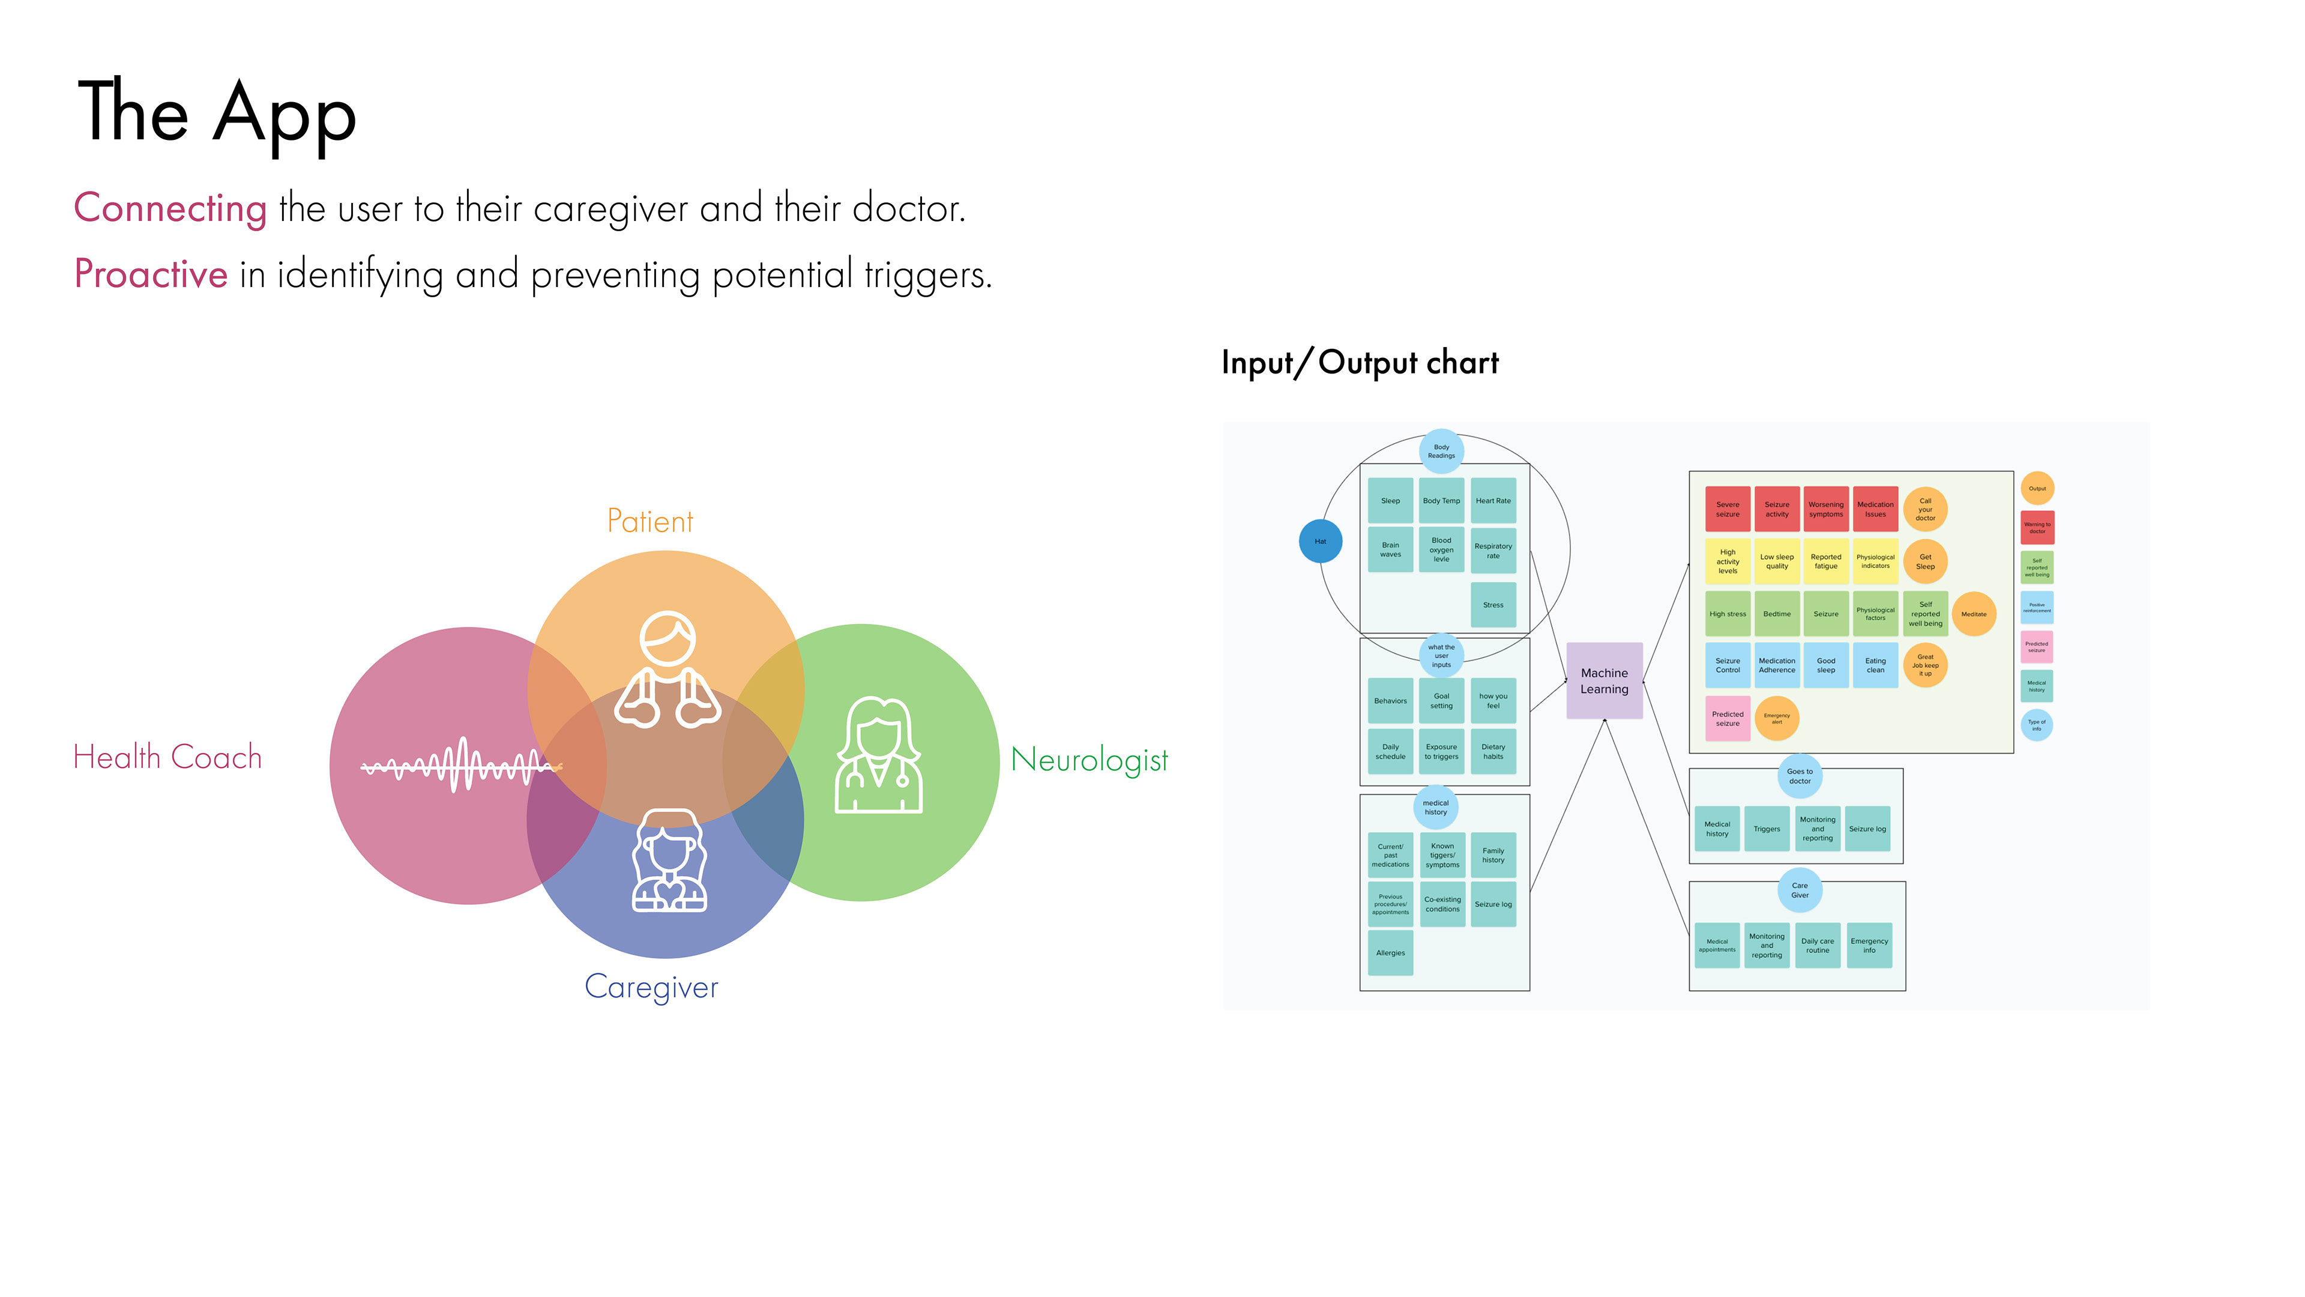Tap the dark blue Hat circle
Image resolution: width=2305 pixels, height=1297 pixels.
pyautogui.click(x=1320, y=540)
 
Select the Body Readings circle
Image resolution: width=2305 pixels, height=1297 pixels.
pyautogui.click(x=1441, y=451)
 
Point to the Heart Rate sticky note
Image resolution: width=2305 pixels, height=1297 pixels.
pyautogui.click(x=1492, y=500)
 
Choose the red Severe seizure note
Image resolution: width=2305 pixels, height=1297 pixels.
pyautogui.click(x=1727, y=509)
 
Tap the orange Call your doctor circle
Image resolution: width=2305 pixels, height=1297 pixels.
pyautogui.click(x=1924, y=509)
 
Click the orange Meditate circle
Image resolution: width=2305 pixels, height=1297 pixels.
pyautogui.click(x=1973, y=614)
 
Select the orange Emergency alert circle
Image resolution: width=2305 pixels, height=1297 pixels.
pyautogui.click(x=1776, y=718)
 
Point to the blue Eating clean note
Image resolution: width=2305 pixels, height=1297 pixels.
pyautogui.click(x=1875, y=665)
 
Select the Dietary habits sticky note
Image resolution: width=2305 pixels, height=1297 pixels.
pyautogui.click(x=1492, y=751)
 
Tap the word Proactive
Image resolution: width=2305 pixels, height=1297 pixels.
pyautogui.click(x=150, y=274)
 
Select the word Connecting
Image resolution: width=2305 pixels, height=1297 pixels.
pyautogui.click(x=170, y=208)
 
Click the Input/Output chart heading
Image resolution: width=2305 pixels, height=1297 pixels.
pyautogui.click(x=1359, y=363)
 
